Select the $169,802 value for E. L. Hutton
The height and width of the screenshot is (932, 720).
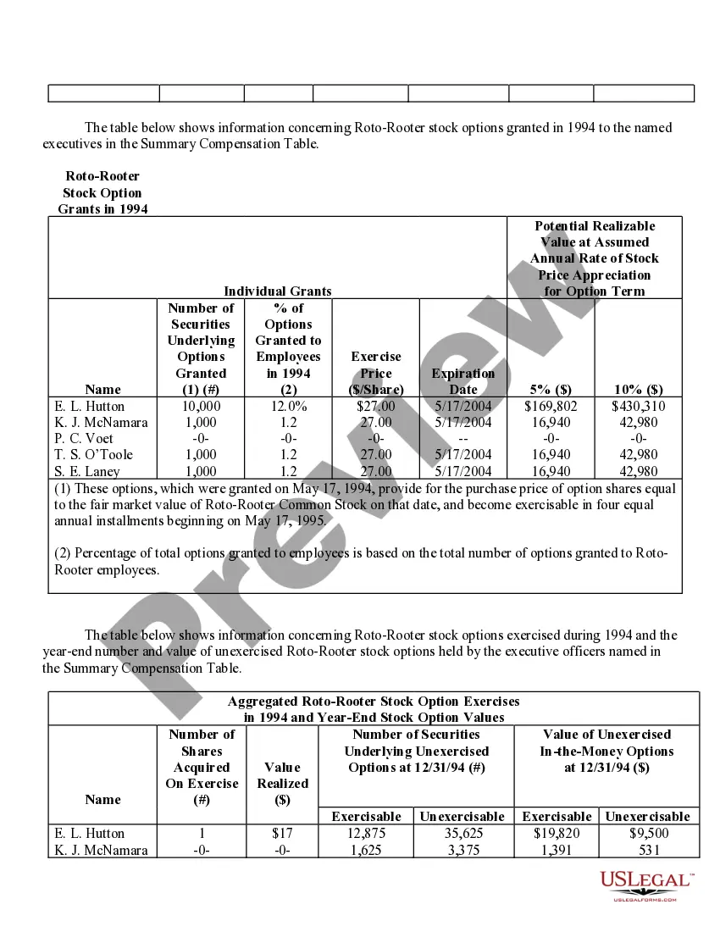click(551, 406)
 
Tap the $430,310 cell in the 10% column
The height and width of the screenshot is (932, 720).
click(638, 406)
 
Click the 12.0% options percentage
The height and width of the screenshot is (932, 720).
click(288, 406)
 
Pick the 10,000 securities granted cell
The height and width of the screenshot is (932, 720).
click(201, 406)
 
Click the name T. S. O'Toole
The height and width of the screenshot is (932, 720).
click(91, 454)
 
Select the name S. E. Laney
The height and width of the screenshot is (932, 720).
click(86, 471)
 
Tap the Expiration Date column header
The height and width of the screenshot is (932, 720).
click(462, 381)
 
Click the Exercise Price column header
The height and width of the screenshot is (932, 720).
click(376, 373)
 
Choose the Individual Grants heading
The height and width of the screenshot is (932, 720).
click(278, 291)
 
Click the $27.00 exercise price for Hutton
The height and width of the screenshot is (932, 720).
click(376, 406)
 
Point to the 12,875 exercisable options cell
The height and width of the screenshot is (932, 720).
click(366, 833)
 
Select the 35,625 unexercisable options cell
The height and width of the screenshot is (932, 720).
click(462, 833)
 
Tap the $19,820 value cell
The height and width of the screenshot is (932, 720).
click(557, 833)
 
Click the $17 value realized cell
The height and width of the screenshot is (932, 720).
click(282, 833)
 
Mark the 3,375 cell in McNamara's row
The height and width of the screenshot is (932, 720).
click(462, 850)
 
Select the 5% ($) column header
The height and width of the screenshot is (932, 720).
click(551, 389)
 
